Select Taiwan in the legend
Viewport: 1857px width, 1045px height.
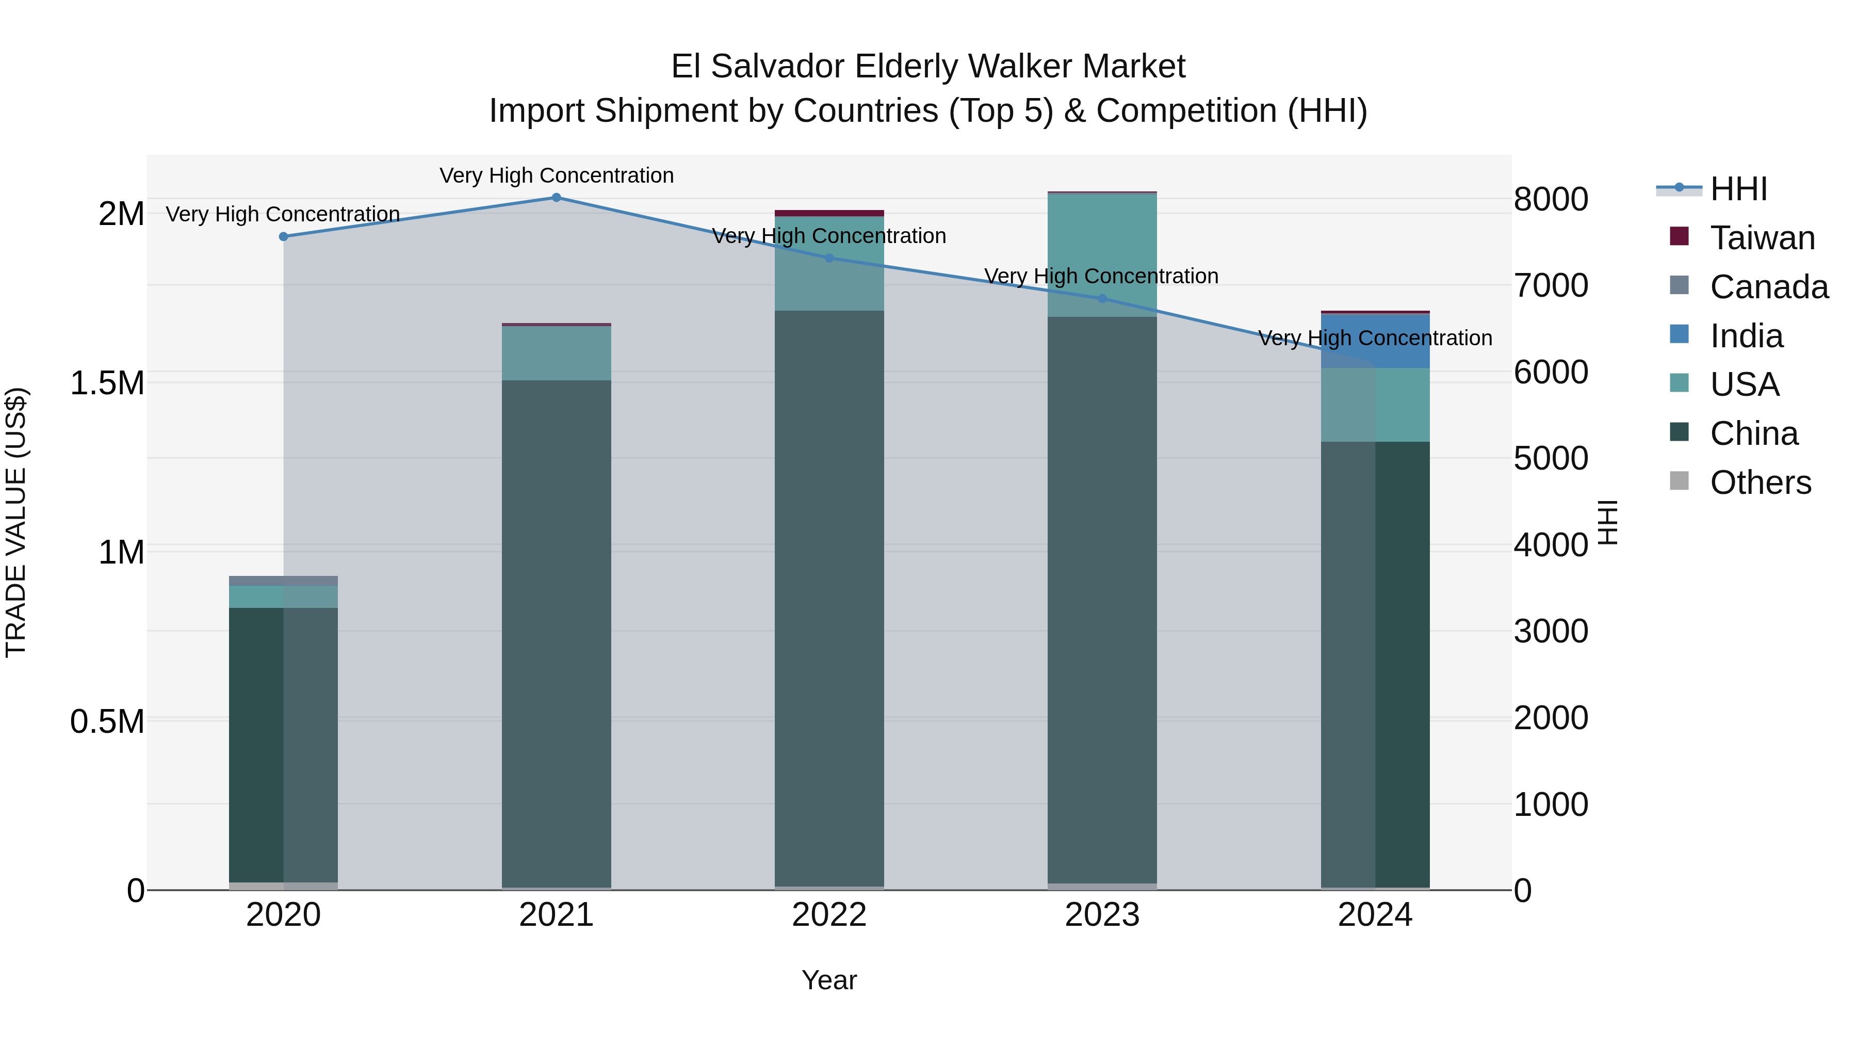(x=1762, y=238)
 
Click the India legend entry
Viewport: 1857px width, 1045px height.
(x=1746, y=336)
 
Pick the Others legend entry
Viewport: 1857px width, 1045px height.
(x=1760, y=483)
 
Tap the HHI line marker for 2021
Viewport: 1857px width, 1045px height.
(x=556, y=198)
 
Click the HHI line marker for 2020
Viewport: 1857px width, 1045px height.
(x=283, y=236)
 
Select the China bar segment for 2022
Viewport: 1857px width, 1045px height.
(x=829, y=599)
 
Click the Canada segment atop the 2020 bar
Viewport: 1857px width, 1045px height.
(x=283, y=581)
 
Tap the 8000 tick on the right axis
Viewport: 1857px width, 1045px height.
(x=1551, y=200)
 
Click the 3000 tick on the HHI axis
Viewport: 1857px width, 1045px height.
(x=1551, y=632)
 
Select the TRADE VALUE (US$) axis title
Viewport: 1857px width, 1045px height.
(x=16, y=522)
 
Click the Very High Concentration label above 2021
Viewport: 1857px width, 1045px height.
(x=556, y=175)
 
